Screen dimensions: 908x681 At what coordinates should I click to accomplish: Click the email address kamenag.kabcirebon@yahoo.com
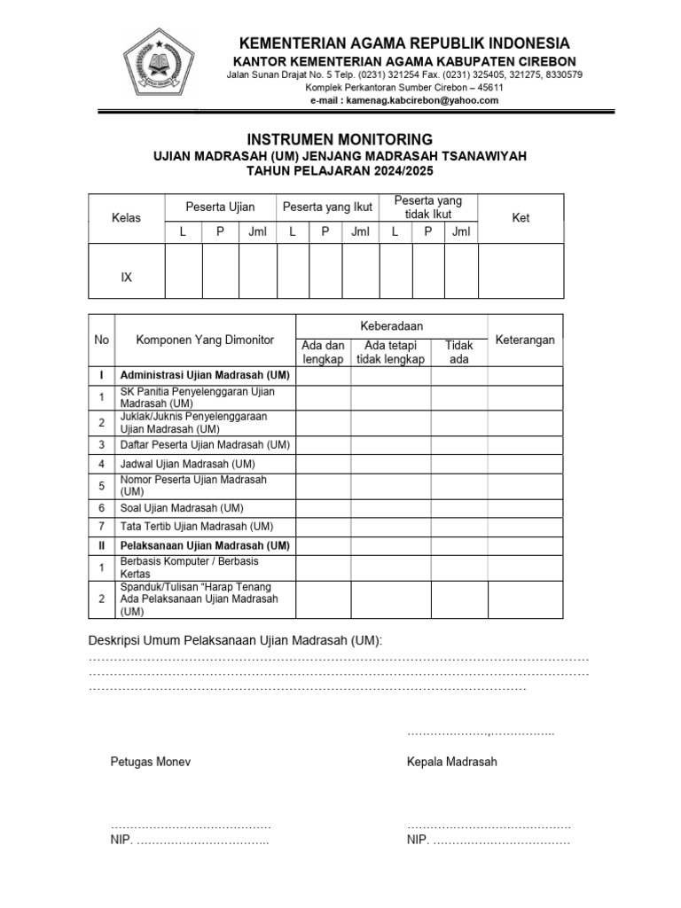404,100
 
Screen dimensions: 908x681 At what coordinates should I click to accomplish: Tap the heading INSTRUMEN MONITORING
340,139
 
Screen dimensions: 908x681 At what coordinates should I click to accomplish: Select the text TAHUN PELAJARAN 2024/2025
340,171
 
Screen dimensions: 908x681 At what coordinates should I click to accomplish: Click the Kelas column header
126,218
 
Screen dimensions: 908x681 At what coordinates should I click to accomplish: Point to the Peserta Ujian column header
220,207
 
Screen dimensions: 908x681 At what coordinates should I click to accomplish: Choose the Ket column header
521,218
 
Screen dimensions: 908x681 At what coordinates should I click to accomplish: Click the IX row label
126,278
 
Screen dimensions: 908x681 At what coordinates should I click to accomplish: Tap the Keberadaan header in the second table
391,326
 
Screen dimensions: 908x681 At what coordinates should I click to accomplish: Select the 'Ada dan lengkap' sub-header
323,352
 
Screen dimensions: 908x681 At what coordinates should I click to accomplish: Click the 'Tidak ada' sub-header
458,352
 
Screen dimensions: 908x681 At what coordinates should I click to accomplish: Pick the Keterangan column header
525,340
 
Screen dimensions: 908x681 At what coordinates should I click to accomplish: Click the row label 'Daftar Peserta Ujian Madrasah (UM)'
205,444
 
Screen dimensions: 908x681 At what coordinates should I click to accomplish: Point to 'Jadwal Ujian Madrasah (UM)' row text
188,464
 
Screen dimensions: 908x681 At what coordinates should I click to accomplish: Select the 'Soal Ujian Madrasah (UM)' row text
182,508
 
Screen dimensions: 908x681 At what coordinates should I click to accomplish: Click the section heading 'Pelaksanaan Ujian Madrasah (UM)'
205,545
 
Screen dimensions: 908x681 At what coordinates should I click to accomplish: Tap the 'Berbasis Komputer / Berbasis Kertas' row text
190,567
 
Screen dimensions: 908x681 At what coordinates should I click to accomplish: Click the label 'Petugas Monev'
150,762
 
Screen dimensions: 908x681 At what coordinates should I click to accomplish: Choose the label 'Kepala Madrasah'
452,762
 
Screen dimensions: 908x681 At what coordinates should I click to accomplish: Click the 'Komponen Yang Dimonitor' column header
205,340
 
